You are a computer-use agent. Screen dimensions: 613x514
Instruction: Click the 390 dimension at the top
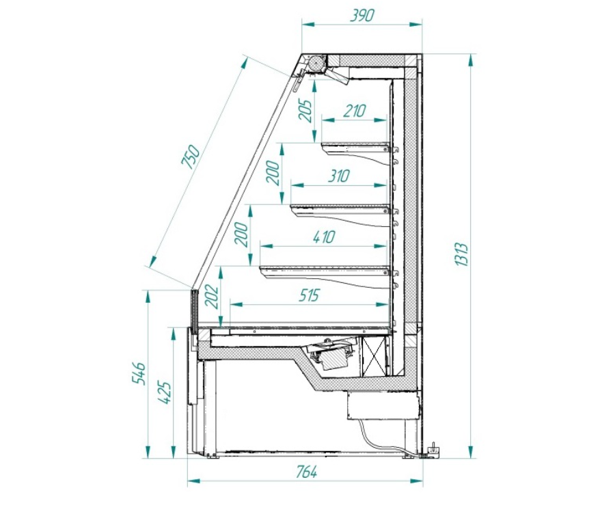tap(362, 16)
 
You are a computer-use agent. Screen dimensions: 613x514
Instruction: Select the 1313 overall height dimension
tap(462, 254)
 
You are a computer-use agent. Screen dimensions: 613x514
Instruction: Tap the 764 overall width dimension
tap(305, 472)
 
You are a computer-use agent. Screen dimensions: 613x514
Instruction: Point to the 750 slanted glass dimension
tap(191, 157)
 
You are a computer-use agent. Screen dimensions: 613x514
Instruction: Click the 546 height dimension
tap(139, 373)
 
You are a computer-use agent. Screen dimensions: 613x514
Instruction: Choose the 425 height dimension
tap(164, 393)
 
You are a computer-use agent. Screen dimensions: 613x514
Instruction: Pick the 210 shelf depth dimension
tap(354, 111)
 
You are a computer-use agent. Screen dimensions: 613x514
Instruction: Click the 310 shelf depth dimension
tap(338, 176)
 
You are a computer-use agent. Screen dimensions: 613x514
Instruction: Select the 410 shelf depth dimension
tap(324, 237)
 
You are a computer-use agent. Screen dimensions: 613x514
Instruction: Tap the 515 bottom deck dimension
tap(309, 295)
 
